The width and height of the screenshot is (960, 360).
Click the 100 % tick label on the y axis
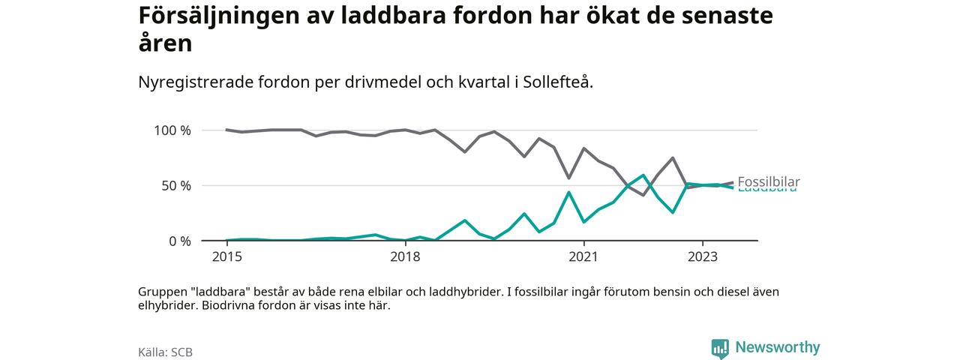point(172,130)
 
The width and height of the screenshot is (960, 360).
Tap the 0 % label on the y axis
point(179,241)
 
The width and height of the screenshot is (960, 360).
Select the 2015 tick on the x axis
point(226,257)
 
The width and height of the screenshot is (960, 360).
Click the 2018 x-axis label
point(405,257)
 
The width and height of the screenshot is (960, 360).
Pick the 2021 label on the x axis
point(583,257)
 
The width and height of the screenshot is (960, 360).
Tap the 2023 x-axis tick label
point(702,257)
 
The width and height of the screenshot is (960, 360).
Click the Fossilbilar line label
point(768,181)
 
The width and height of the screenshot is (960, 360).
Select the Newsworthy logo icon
point(720,349)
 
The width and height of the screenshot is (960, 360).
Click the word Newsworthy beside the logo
point(778,347)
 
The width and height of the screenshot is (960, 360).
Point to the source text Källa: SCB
point(165,352)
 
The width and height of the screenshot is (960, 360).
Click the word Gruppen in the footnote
point(162,292)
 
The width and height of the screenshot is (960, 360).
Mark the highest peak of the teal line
point(643,175)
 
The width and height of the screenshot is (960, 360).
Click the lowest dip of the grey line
point(643,195)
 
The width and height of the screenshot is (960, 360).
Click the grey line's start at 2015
point(226,130)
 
